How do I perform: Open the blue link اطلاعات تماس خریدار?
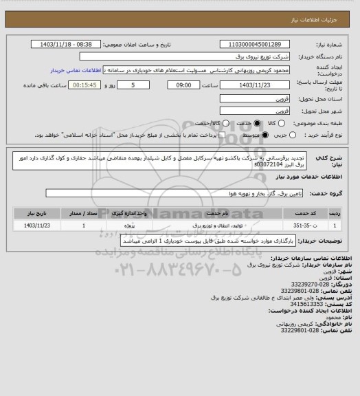(x=76, y=69)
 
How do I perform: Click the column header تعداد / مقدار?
(x=84, y=212)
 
